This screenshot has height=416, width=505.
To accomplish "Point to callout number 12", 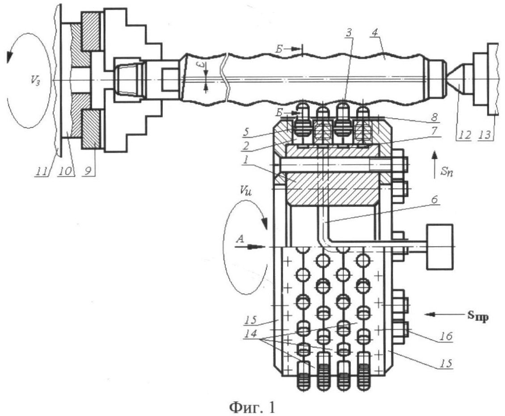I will [x=460, y=133].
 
